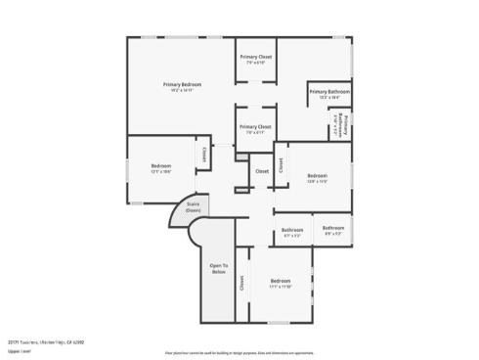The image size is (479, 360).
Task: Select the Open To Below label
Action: coord(219,267)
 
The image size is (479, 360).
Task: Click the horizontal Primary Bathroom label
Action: coord(329,92)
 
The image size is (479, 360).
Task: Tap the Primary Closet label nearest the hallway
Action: coord(255,126)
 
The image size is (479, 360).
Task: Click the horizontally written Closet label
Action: coord(262,171)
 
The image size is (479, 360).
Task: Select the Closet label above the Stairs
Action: coord(205,154)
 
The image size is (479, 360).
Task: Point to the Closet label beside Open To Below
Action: coord(241,283)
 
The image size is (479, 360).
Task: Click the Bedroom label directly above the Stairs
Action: coord(161,166)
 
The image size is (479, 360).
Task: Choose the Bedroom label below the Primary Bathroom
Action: coord(317,175)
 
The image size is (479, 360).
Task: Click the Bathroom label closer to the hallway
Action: coord(292,230)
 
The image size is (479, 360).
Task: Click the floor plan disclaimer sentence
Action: coord(239,349)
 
